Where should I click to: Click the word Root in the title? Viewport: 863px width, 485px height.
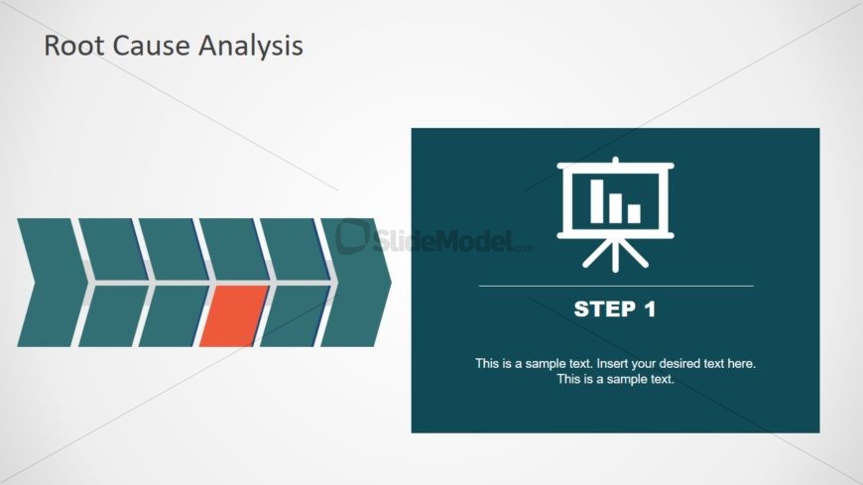(74, 46)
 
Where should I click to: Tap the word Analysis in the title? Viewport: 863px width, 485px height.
(250, 47)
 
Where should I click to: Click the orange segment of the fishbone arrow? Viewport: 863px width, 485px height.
(233, 316)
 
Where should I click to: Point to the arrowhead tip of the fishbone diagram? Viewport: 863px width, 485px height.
(391, 283)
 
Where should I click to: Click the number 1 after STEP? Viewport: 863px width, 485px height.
(651, 308)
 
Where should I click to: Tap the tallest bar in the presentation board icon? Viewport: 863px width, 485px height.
(596, 201)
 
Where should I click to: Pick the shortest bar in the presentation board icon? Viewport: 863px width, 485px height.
(634, 213)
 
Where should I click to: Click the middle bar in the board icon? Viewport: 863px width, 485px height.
(615, 208)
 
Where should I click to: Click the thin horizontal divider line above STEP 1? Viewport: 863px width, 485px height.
(616, 287)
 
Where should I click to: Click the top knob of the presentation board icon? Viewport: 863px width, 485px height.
(615, 161)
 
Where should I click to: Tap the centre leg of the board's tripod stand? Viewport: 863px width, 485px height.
(615, 255)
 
